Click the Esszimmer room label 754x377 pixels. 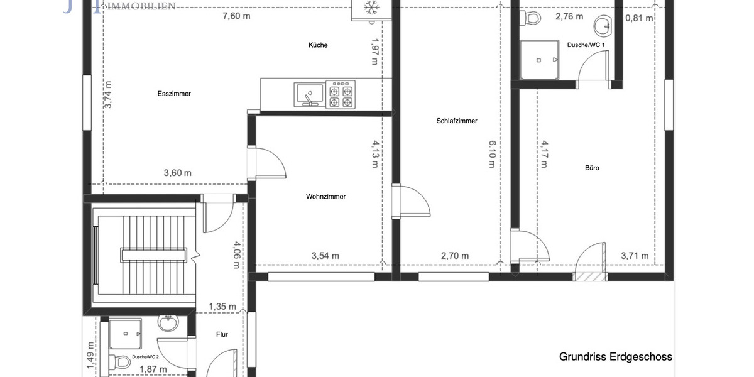(174, 94)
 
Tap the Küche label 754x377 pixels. (318, 45)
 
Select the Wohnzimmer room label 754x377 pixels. (325, 197)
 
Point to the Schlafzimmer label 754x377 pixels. (457, 121)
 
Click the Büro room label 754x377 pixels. (592, 168)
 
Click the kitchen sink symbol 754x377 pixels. (309, 94)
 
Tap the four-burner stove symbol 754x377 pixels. (341, 94)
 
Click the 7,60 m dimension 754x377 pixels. (236, 16)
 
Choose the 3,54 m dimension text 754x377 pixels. (325, 256)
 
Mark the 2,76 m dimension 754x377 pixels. (569, 17)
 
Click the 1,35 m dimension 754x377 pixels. (222, 307)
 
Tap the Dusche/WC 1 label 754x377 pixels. (586, 45)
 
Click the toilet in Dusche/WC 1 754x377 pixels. (532, 18)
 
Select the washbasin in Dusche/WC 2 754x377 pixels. (168, 324)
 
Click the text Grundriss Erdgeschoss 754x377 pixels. (615, 357)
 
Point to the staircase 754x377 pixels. (139, 254)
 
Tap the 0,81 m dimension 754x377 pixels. (639, 18)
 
